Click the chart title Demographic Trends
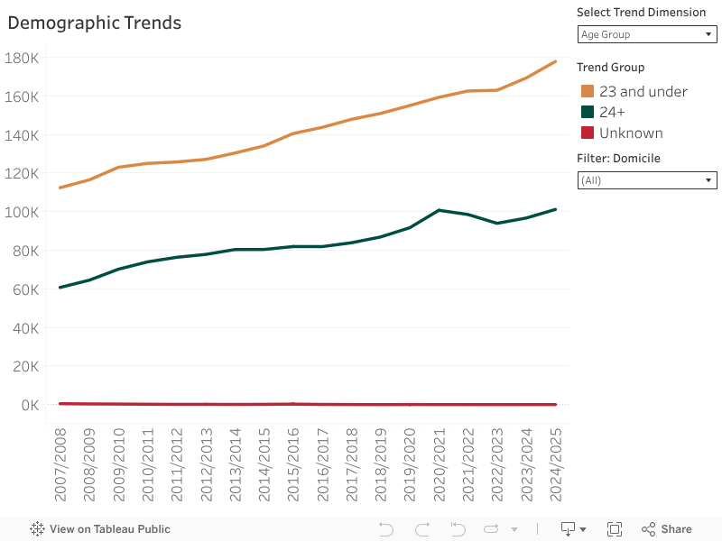click(x=95, y=23)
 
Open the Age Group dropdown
click(x=646, y=34)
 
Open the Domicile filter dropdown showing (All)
click(x=646, y=180)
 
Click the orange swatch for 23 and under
click(x=588, y=91)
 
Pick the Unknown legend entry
click(x=631, y=133)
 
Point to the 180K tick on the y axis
click(x=22, y=58)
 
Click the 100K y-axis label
click(x=22, y=212)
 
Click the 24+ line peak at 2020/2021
click(x=438, y=210)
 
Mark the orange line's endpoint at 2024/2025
click(x=555, y=61)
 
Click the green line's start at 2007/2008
click(x=60, y=288)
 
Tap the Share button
click(x=667, y=529)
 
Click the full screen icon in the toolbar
click(x=615, y=529)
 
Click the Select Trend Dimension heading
click(x=641, y=12)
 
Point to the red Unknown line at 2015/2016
click(x=292, y=404)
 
